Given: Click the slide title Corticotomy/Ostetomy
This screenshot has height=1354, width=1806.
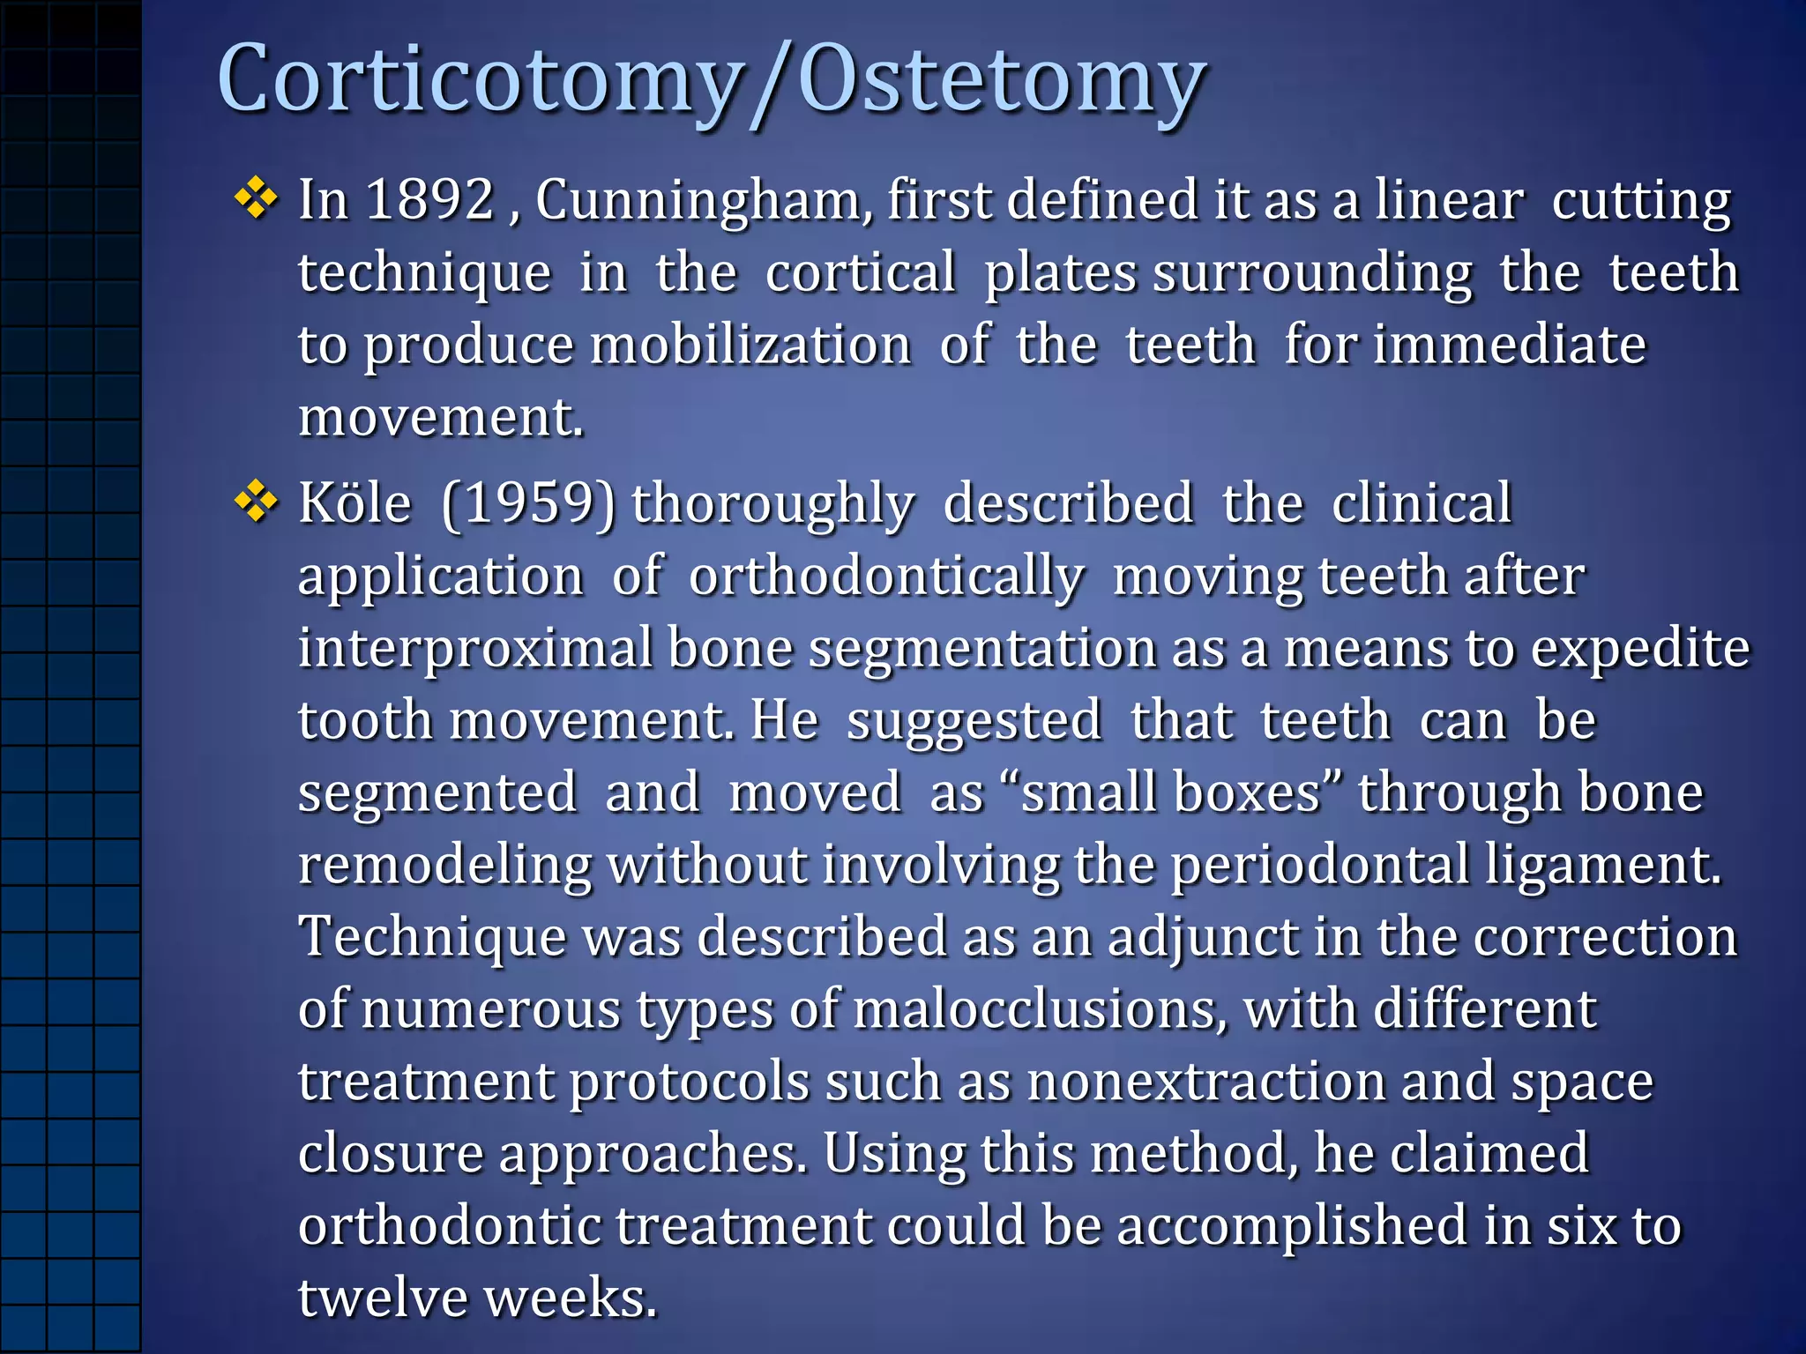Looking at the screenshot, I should point(711,81).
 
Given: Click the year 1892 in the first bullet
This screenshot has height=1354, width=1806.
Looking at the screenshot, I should point(429,199).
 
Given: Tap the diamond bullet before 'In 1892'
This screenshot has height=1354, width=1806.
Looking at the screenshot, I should point(257,198).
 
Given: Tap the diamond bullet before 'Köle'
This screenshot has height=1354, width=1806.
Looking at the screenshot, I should point(257,502).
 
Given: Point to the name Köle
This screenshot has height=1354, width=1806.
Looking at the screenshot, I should point(354,503).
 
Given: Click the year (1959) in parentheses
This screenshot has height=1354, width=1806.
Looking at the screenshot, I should point(528,505).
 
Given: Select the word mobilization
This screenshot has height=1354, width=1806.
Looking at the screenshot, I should point(750,345).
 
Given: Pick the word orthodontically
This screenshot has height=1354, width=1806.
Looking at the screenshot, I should point(886,578).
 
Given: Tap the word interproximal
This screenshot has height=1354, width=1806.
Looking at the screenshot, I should point(475,650).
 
